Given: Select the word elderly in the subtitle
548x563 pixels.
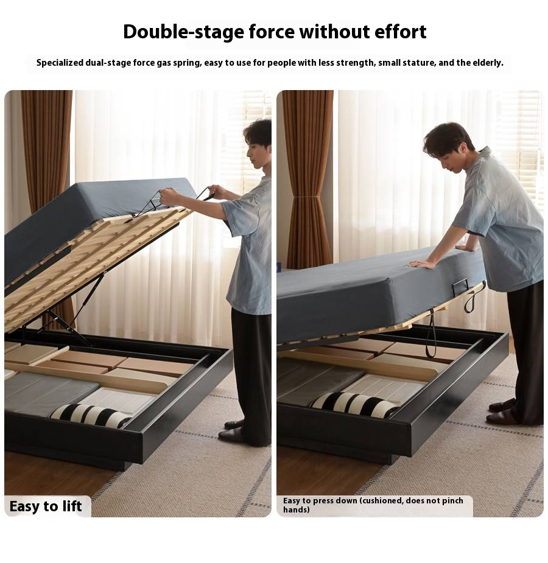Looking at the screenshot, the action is pos(488,63).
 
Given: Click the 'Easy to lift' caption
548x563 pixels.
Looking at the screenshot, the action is pos(46,506).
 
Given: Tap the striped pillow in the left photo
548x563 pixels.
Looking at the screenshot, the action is pos(91,416).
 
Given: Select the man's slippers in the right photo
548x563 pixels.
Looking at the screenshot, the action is pos(503,412).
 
